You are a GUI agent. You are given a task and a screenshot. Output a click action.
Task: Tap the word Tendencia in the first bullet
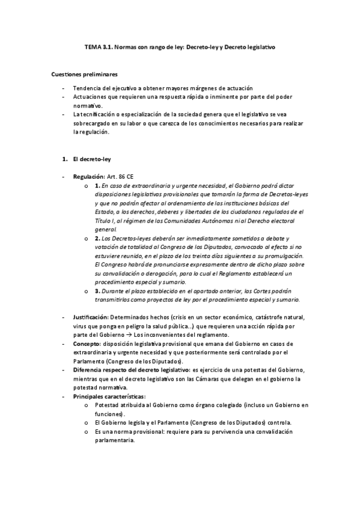(87, 88)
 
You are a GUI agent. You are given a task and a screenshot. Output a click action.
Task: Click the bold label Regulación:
(89, 177)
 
